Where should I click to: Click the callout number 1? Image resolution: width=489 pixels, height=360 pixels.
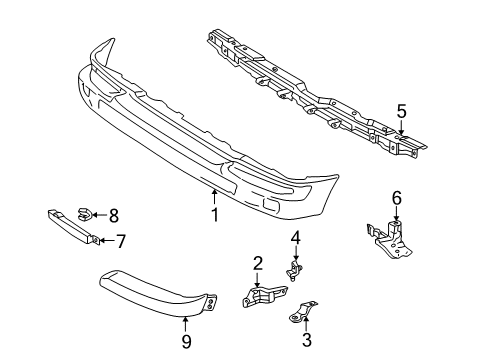point(215,215)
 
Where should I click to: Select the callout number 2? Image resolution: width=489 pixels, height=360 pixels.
point(257,263)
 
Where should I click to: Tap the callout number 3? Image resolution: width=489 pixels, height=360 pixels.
point(306,340)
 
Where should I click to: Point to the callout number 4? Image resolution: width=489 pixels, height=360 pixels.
point(295,238)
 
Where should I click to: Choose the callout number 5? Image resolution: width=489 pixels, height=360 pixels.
point(401,111)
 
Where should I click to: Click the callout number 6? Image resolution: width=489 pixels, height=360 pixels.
point(397,198)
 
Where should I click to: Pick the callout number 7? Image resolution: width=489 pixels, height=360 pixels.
point(120,241)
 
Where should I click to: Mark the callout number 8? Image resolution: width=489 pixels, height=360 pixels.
point(114,216)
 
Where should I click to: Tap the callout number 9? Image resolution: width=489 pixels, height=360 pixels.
point(186,341)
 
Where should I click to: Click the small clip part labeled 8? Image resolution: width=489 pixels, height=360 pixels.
point(84,214)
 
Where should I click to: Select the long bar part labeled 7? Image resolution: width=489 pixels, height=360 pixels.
point(73,227)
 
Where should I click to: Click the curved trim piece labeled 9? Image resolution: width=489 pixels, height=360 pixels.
point(158,293)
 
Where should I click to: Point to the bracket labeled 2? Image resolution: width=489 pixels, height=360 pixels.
point(264,295)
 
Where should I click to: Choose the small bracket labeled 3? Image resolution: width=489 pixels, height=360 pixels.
point(302,312)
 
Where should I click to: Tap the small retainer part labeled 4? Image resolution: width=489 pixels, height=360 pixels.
point(294,270)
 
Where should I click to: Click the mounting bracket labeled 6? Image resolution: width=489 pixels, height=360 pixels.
point(392,239)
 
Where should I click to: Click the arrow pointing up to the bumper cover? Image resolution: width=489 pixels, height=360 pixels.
point(214,197)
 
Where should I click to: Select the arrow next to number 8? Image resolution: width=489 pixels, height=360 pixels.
point(99,215)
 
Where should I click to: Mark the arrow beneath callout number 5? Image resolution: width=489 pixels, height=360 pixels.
point(401,127)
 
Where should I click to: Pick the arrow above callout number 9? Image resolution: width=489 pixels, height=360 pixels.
point(186,325)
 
